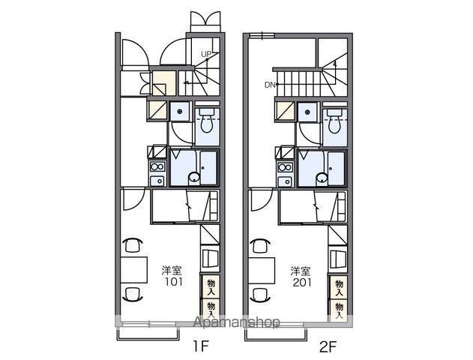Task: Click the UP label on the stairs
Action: pyautogui.click(x=206, y=54)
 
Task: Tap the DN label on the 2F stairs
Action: pyautogui.click(x=270, y=85)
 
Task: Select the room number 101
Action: pyautogui.click(x=173, y=282)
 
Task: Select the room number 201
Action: pyautogui.click(x=302, y=283)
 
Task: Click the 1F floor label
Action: pyautogui.click(x=201, y=346)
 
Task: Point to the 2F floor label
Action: pyautogui.click(x=328, y=346)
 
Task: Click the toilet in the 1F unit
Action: pyautogui.click(x=207, y=121)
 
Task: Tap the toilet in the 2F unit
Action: pyautogui.click(x=334, y=121)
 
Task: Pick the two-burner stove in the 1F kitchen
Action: pyautogui.click(x=157, y=166)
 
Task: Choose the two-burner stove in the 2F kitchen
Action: pyautogui.click(x=286, y=167)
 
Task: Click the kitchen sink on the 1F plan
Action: pyautogui.click(x=157, y=181)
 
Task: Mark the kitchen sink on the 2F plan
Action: pyautogui.click(x=286, y=181)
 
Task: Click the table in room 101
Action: pyautogui.click(x=134, y=270)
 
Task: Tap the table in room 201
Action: pyautogui.click(x=262, y=271)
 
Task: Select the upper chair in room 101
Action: pyautogui.click(x=133, y=244)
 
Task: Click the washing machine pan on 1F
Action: pyautogui.click(x=180, y=112)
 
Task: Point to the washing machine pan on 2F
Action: pyautogui.click(x=307, y=112)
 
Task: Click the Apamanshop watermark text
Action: pyautogui.click(x=236, y=322)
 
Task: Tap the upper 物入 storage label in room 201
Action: pyautogui.click(x=340, y=287)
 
